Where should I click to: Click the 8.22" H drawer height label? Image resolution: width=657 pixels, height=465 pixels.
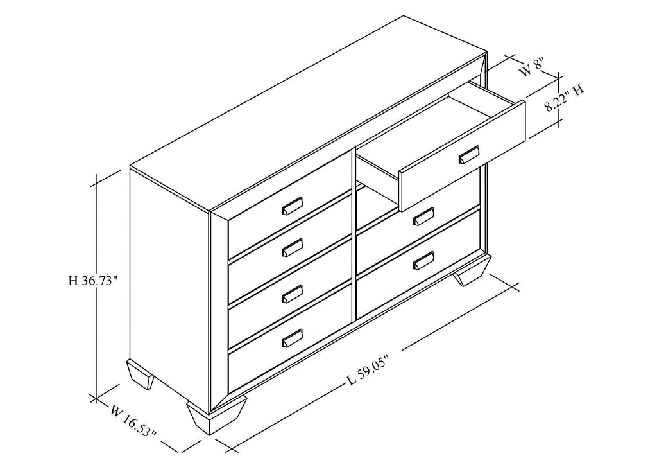click(565, 98)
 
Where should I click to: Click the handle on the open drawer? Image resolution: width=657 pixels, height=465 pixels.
click(469, 155)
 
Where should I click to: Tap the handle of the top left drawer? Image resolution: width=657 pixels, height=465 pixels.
click(292, 206)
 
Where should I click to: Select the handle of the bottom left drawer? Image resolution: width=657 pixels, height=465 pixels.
click(292, 338)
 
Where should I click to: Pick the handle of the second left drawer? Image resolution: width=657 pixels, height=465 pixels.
click(292, 248)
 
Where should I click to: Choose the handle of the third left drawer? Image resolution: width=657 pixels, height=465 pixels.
click(292, 294)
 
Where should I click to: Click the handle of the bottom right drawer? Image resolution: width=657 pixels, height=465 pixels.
click(423, 260)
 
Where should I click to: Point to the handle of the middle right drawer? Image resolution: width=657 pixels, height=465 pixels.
click(423, 217)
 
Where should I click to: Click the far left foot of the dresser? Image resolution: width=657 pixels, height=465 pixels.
click(141, 375)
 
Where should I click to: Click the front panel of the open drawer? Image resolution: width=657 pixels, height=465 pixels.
click(463, 156)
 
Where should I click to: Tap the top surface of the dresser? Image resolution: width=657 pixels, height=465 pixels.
click(309, 112)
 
